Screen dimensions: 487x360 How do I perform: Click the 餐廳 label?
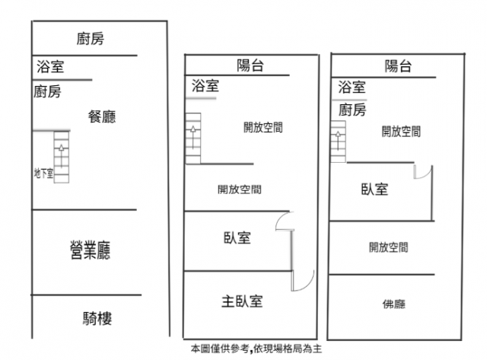point(102,116)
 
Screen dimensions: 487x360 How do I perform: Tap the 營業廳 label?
point(90,250)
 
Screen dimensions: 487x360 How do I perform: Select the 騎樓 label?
point(97,318)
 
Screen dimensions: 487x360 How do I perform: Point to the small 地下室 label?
point(43,173)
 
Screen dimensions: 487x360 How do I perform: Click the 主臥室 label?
point(242,301)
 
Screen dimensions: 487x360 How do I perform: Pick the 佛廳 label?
point(394,304)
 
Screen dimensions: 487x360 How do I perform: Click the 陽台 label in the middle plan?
point(250,65)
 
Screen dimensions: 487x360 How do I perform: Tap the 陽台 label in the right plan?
point(398,66)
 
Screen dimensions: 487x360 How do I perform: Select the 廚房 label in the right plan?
point(352,110)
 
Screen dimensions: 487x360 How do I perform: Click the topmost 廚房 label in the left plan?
point(91,39)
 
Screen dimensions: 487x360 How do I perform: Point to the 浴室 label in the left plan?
point(50,67)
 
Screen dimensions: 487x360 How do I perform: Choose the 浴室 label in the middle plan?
point(205,86)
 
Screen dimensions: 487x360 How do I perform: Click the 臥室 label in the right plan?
point(374,190)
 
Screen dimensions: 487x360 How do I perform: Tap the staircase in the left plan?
point(61,157)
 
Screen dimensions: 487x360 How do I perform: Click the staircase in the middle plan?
point(193,139)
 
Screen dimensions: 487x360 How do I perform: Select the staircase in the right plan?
point(338,142)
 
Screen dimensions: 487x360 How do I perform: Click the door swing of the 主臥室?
point(307,285)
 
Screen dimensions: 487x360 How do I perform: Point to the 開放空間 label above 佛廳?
point(389,247)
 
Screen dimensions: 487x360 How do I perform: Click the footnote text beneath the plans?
point(256,349)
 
